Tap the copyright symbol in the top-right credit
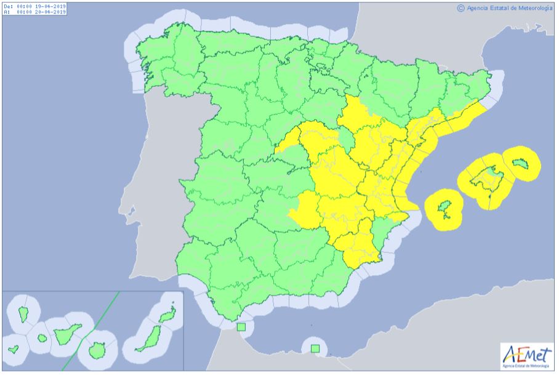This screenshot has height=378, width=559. [460, 8]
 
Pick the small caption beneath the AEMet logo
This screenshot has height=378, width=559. [527, 366]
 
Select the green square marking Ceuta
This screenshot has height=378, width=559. [241, 326]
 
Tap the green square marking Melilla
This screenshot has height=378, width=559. [315, 349]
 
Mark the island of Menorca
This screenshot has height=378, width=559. [522, 163]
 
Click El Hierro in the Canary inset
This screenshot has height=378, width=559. [14, 349]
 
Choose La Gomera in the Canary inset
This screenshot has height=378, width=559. [42, 338]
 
